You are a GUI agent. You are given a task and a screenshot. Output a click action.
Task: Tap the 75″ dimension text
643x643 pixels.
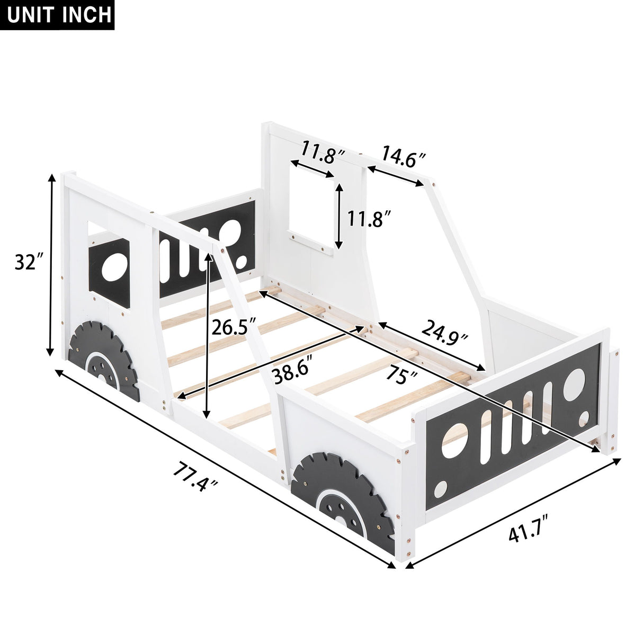(400, 376)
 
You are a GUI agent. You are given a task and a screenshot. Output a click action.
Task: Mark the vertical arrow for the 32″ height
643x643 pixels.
(51, 265)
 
